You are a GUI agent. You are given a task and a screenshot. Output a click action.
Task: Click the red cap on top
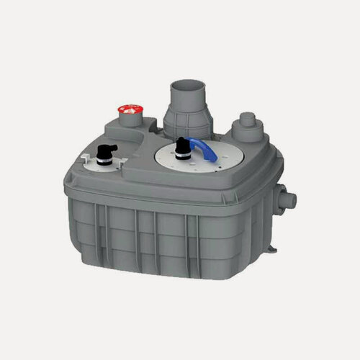pyautogui.click(x=130, y=110)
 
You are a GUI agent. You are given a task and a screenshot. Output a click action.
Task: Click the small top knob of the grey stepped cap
pyautogui.click(x=248, y=116)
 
